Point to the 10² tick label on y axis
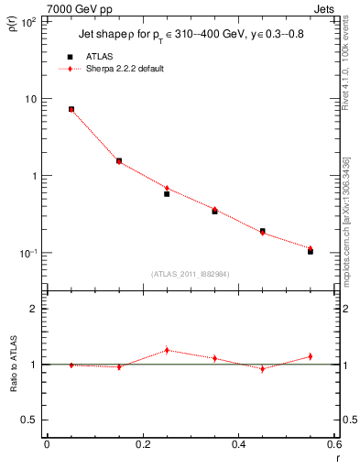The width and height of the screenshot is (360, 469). pos(27,22)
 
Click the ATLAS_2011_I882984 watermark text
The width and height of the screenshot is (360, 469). pos(190,273)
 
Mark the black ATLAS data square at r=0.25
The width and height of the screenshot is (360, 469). pos(167,193)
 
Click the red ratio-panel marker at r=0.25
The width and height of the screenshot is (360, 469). pos(167,350)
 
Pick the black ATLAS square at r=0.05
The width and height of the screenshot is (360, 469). pos(71,109)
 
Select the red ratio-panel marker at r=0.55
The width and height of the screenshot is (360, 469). pos(311,356)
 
